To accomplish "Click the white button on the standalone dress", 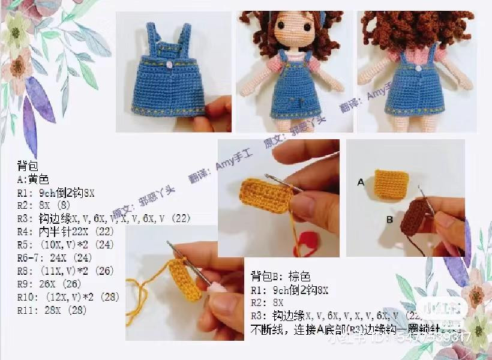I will [172, 63].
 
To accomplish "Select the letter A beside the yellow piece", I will [361, 181].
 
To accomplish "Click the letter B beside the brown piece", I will [389, 220].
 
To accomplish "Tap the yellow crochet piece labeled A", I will [389, 183].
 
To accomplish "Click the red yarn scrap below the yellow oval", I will [308, 240].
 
